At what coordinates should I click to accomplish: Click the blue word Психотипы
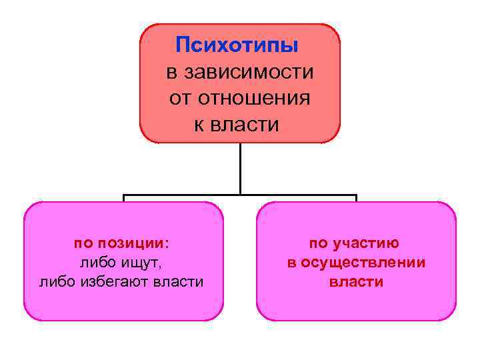tap(237, 45)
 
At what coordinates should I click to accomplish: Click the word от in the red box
tap(179, 99)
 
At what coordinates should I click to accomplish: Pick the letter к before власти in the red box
tap(199, 125)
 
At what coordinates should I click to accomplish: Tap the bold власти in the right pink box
tap(357, 282)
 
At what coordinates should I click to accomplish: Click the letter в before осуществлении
tap(291, 263)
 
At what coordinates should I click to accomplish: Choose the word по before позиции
tap(83, 243)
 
